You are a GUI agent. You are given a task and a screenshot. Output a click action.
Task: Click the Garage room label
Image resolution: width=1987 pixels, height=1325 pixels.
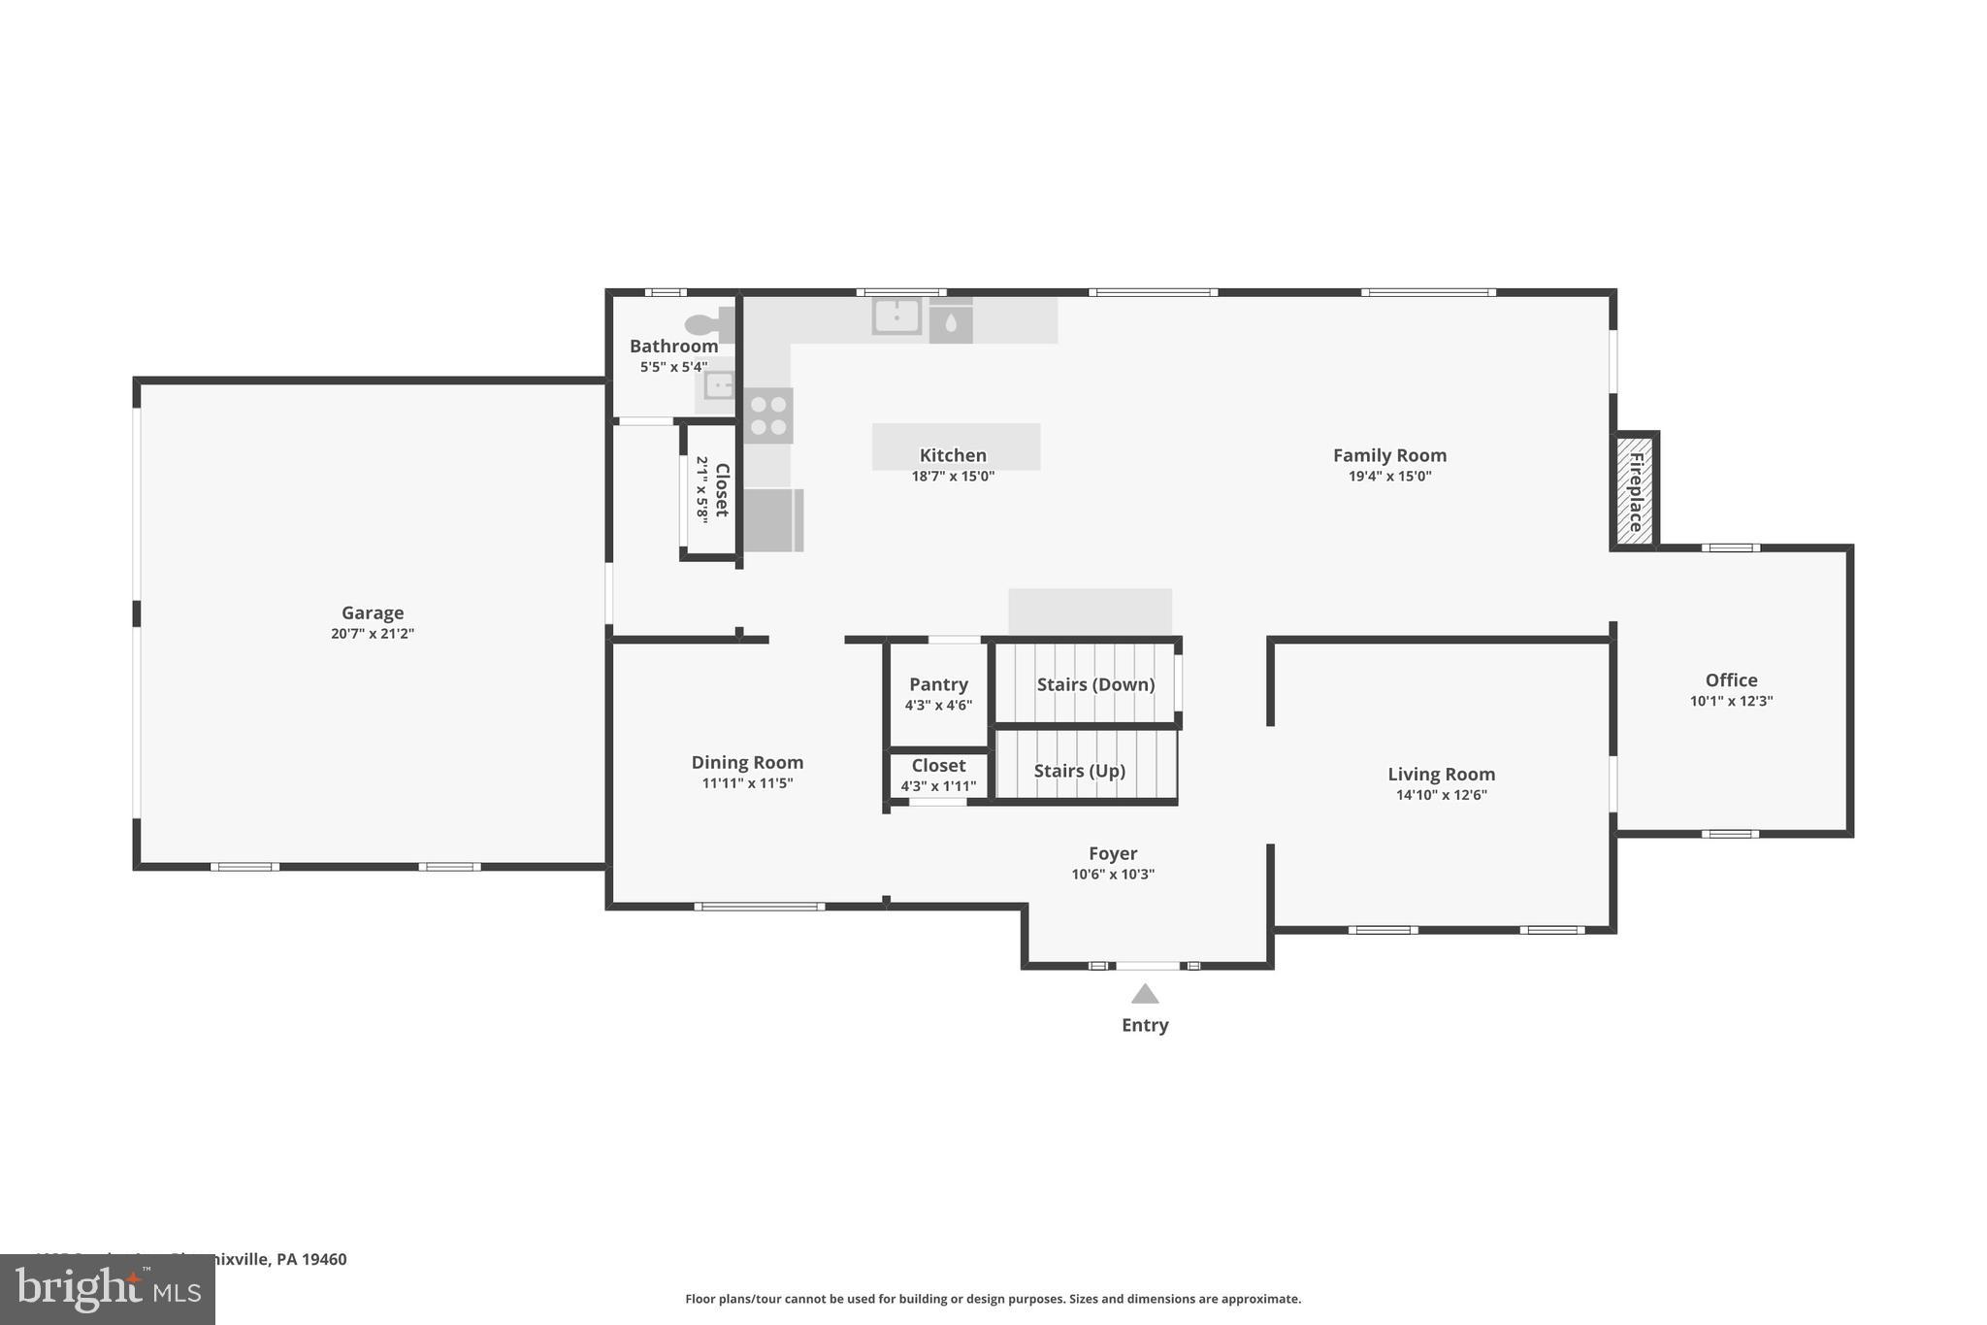[x=373, y=613]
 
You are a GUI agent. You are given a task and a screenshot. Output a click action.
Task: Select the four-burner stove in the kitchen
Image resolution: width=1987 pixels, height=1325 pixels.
[x=768, y=415]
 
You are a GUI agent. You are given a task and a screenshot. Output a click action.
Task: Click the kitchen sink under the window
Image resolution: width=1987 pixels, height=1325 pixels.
[x=896, y=316]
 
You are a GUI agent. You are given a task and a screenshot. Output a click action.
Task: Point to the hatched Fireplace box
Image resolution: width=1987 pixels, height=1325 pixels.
[x=1635, y=489]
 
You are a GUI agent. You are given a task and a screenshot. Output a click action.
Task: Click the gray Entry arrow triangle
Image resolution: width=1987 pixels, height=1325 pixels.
[x=1145, y=994]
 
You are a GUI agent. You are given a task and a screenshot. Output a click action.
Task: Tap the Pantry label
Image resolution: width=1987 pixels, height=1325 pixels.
[x=938, y=684]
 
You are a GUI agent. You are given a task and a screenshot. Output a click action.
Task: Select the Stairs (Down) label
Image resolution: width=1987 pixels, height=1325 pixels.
[x=1095, y=684]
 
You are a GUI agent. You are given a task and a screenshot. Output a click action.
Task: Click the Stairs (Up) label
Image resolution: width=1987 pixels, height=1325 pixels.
[x=1079, y=771]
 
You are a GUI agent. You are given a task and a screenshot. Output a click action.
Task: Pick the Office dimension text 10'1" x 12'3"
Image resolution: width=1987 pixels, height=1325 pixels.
[x=1731, y=701]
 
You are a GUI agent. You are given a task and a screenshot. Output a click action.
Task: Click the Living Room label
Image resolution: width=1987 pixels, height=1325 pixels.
[x=1441, y=774]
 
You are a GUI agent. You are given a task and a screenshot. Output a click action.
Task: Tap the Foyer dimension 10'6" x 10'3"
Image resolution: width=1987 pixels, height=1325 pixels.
[x=1113, y=874]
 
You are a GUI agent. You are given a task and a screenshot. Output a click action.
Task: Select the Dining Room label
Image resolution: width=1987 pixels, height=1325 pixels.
[x=747, y=762]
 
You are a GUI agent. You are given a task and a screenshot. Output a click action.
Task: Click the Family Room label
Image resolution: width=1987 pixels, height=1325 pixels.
[x=1389, y=455]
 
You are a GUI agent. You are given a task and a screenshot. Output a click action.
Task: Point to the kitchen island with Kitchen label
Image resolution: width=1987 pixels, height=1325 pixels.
[x=956, y=447]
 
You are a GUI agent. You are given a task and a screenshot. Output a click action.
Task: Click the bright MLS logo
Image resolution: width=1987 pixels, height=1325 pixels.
[x=108, y=1289]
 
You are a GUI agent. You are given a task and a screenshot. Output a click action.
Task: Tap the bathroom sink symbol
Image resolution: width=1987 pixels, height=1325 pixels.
[x=719, y=386]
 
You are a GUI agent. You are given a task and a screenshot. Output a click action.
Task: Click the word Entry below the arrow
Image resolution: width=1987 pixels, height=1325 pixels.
[x=1145, y=1025]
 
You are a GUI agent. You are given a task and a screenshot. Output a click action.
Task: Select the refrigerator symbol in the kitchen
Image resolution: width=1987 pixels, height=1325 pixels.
[x=773, y=520]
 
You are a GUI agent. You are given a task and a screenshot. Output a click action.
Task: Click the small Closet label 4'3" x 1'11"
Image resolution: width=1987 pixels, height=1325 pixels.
[x=938, y=775]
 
